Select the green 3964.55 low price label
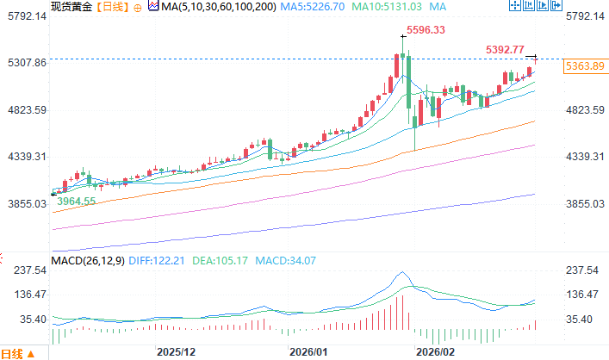76,201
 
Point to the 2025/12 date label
177,352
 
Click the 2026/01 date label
309,352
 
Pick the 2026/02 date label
435,352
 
